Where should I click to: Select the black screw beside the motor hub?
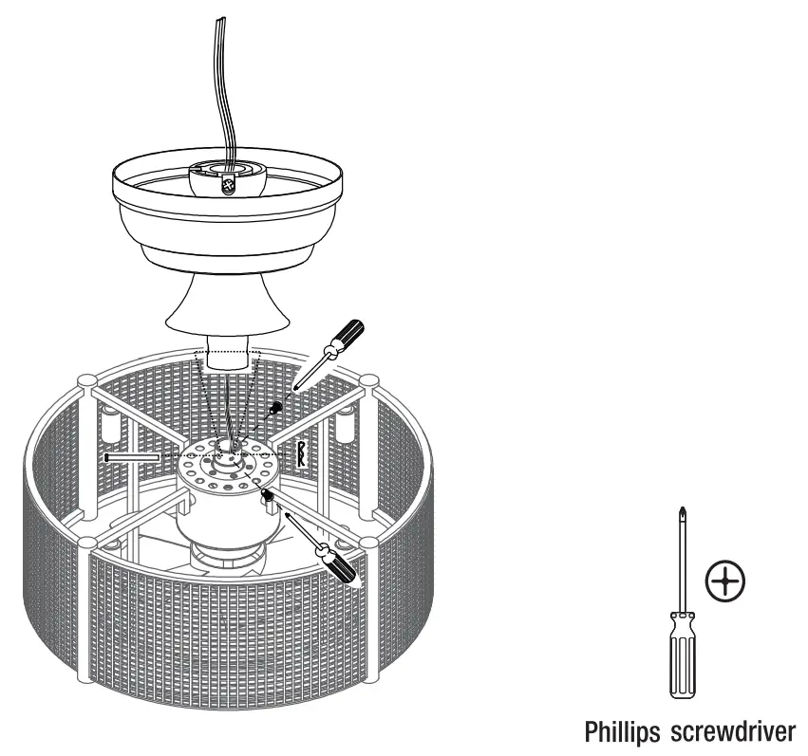tap(270, 495)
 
